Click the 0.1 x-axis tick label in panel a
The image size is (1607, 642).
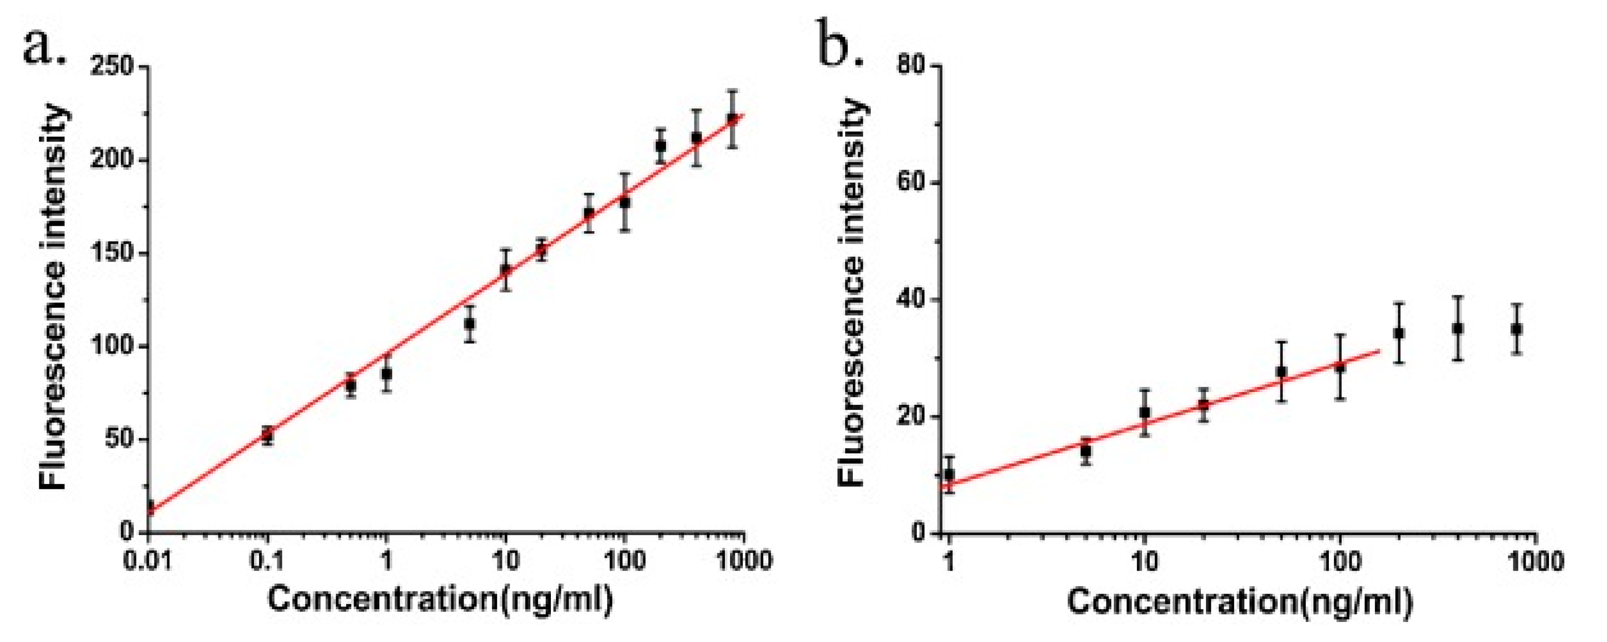[267, 560]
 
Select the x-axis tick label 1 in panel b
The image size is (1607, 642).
[949, 561]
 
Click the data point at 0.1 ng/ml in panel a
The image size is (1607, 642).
[267, 435]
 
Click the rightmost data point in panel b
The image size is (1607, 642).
[1517, 329]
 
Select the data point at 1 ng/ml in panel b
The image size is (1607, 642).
[949, 474]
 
